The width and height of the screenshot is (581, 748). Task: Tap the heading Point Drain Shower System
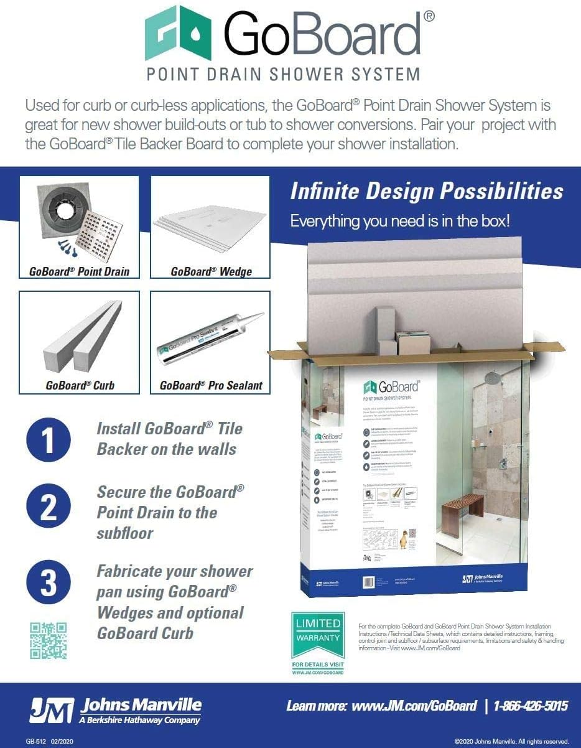click(x=283, y=75)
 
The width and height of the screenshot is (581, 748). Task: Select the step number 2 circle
click(x=48, y=508)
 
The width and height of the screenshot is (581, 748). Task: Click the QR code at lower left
click(x=48, y=640)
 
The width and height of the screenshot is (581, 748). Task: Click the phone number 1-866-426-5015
click(x=531, y=706)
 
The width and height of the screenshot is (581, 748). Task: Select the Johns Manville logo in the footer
click(x=115, y=710)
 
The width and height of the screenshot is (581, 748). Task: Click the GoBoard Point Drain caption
click(x=80, y=271)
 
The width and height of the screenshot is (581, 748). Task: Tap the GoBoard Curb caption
click(x=80, y=385)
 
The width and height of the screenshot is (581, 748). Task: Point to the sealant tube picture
click(x=208, y=339)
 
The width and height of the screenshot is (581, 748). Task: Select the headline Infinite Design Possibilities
click(x=427, y=191)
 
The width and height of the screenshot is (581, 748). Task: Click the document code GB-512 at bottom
click(x=37, y=741)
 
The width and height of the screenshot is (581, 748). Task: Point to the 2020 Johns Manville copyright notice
click(x=511, y=741)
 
